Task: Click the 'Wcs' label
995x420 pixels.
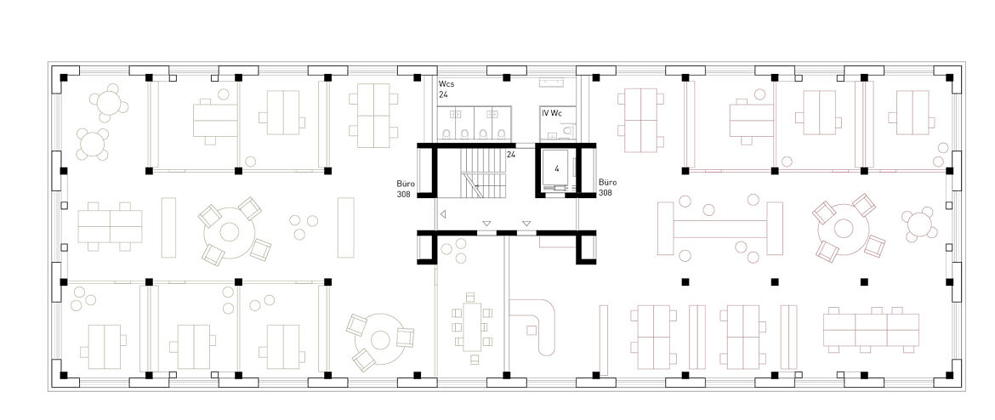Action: tap(446, 84)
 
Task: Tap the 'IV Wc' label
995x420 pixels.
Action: tap(551, 114)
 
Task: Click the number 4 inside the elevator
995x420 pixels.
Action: tap(556, 168)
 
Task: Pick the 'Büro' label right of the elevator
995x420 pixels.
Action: tap(607, 183)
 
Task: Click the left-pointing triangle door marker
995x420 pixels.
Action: tap(443, 214)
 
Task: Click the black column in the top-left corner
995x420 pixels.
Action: tap(64, 77)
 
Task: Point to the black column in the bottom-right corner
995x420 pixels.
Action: tap(949, 375)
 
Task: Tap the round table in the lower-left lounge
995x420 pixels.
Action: tap(380, 341)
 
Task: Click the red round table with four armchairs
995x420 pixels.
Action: tap(844, 229)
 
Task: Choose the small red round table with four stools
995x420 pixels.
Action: tap(918, 224)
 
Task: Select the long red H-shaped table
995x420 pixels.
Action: tap(719, 229)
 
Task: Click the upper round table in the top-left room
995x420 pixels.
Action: tap(109, 103)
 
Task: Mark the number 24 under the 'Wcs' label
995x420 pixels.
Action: tap(443, 94)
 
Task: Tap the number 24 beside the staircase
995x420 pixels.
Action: tap(511, 154)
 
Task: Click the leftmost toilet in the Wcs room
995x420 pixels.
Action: tap(446, 133)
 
